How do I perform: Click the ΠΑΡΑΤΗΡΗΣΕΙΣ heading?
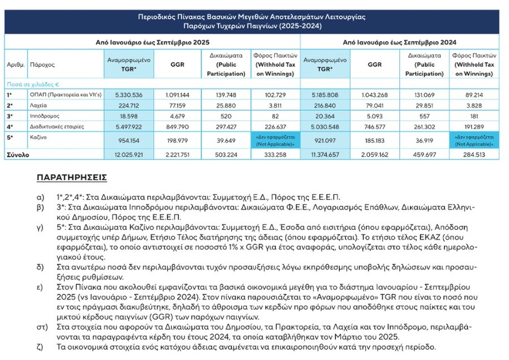[x=72, y=177]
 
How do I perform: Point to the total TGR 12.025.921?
[x=128, y=154]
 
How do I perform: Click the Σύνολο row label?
[x=18, y=154]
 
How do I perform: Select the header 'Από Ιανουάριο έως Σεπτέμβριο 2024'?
[x=400, y=42]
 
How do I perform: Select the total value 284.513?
[x=473, y=154]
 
